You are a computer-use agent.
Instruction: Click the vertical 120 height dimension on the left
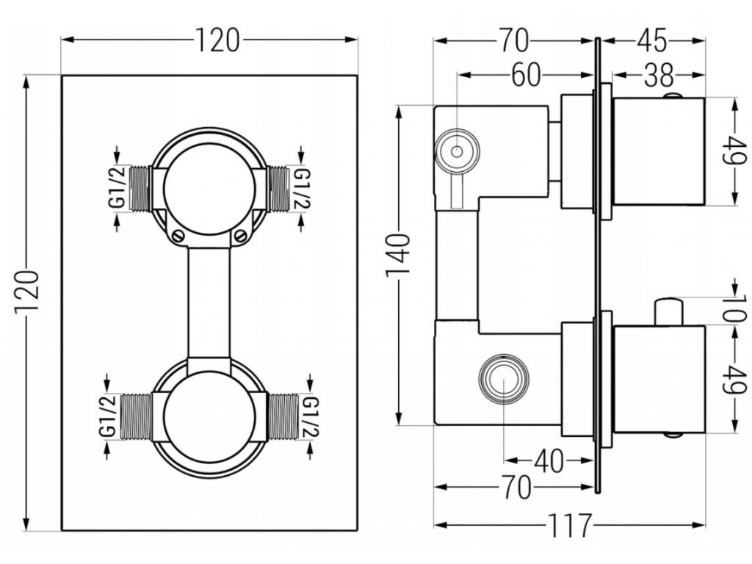26,292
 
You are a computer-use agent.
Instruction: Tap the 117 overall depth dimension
569,525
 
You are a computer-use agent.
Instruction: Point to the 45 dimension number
652,40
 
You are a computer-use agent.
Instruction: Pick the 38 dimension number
659,76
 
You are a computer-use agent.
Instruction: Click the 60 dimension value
526,76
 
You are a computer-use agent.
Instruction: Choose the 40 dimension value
549,462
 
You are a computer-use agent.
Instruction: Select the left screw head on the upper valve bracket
178,236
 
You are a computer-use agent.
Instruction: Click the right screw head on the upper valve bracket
241,235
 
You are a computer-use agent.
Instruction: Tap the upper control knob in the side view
659,151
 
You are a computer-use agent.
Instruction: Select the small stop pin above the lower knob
669,311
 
